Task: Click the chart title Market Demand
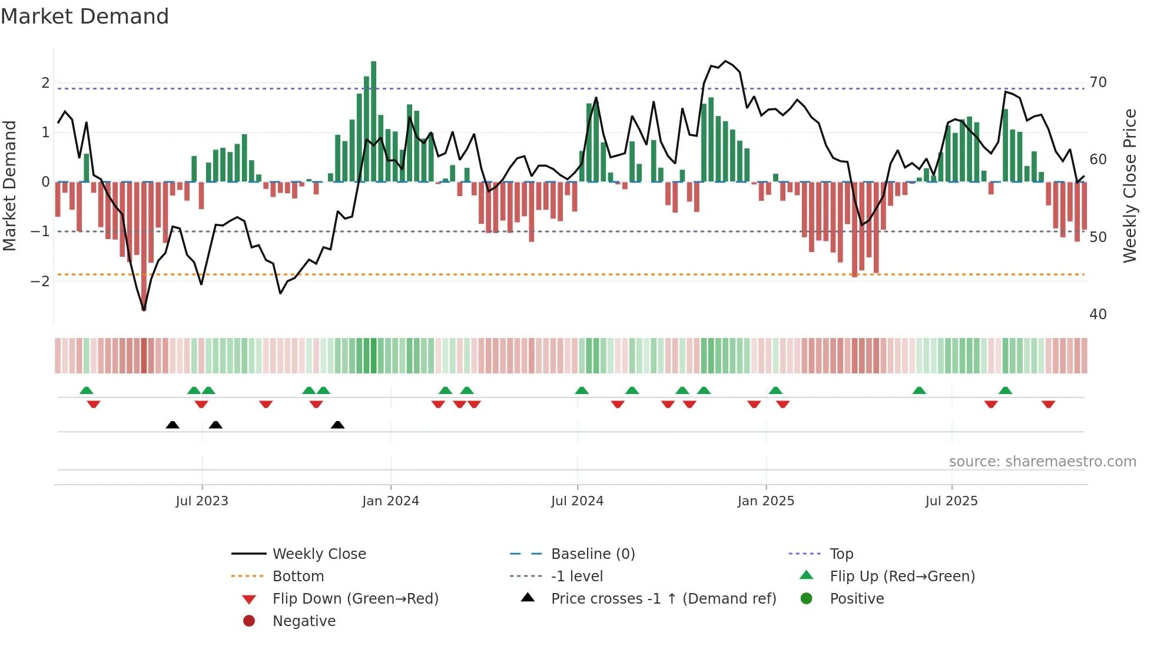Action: click(85, 16)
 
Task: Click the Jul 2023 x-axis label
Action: click(201, 501)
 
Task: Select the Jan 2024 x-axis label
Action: click(390, 501)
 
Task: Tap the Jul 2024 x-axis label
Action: click(577, 501)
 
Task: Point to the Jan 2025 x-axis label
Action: click(765, 501)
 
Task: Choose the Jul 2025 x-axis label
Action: click(951, 501)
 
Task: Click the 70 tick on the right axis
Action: click(1097, 82)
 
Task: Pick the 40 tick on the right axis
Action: click(1097, 314)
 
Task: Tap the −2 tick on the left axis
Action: click(40, 281)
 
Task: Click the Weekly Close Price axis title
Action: click(1129, 186)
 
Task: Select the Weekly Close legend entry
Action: click(319, 554)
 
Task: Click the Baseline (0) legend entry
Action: click(592, 554)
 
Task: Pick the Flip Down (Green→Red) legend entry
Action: click(355, 599)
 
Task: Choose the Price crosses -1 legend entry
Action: click(663, 599)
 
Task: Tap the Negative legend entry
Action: click(304, 621)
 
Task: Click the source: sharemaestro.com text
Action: click(1042, 462)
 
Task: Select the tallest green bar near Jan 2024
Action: click(373, 121)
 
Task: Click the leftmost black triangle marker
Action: click(173, 425)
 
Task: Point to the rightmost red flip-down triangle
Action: click(1048, 404)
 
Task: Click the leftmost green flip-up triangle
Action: click(87, 390)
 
